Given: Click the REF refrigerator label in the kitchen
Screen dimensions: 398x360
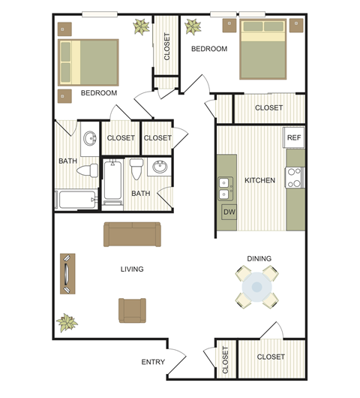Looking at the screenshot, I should tap(294, 137).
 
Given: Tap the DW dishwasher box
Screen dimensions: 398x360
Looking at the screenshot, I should tap(229, 211).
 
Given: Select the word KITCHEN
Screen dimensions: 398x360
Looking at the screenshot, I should tap(259, 180).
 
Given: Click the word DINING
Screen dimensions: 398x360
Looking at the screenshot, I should tap(259, 258).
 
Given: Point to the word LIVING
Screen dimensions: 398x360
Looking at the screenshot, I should tap(132, 269).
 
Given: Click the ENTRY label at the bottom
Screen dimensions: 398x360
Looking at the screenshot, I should tap(152, 362).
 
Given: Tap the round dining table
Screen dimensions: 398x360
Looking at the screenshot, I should tap(258, 287).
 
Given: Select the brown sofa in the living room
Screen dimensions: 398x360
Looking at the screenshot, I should tap(131, 234).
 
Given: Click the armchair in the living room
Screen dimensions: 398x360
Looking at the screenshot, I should tap(132, 309).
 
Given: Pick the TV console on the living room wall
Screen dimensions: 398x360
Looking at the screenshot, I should tap(67, 273).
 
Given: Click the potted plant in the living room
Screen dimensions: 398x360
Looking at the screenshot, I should tap(67, 323).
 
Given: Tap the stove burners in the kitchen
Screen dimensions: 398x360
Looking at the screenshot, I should tap(295, 177).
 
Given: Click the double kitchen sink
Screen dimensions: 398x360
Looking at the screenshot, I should tap(223, 188).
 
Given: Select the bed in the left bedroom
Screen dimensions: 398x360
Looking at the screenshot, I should tap(89, 62).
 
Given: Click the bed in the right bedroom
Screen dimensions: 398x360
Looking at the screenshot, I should tap(263, 49).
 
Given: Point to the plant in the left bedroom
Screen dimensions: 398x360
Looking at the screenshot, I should tap(140, 28).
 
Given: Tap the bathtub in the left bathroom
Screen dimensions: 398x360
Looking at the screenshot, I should tap(76, 201).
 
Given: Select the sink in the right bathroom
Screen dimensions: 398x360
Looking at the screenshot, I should tap(159, 168).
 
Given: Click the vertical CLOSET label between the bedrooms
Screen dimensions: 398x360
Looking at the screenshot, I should tap(166, 47).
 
